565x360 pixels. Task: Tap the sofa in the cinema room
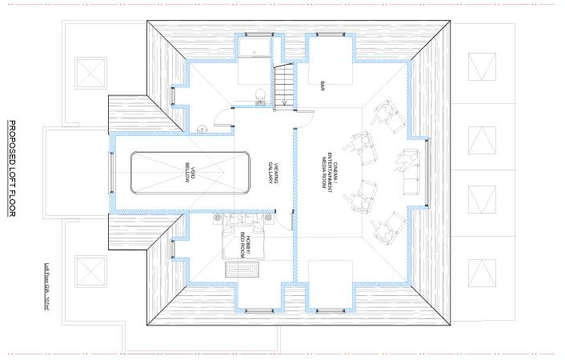[x=409, y=173]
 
